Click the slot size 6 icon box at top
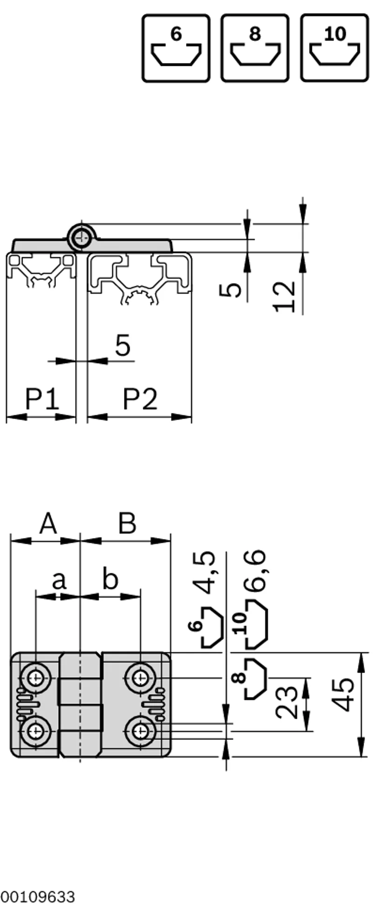point(176,48)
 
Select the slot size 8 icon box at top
point(255,48)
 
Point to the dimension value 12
point(285,296)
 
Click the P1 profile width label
point(42,400)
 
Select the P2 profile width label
point(140,400)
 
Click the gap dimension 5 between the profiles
point(123,345)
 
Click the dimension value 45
point(345,695)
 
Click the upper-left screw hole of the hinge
point(35,677)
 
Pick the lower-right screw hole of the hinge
point(138,731)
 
